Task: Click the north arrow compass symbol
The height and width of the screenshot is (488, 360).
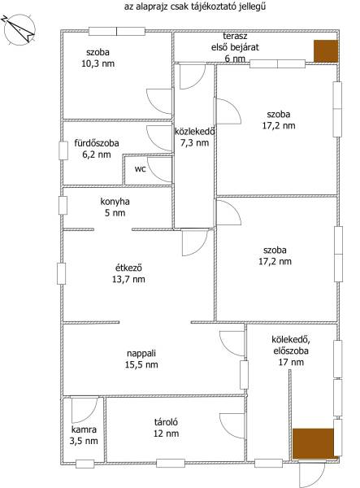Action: pos(20,30)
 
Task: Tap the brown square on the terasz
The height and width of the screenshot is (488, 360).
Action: pos(326,50)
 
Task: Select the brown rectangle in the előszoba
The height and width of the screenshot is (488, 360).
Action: pos(314,443)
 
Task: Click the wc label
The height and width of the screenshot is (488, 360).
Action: pos(141,169)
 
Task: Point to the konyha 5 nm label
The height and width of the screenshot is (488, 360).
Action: pos(115,207)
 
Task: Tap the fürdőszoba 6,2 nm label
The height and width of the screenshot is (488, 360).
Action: pos(97,149)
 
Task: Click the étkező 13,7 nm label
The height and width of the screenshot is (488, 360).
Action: pos(128,273)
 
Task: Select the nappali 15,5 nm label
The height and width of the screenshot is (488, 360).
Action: pos(141,359)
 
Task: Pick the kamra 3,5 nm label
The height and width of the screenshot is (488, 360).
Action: pos(84,435)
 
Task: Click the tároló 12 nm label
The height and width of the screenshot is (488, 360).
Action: pos(166,428)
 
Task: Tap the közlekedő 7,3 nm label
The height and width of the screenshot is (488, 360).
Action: pos(194,137)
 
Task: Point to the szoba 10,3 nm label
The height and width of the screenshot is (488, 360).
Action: pos(98,58)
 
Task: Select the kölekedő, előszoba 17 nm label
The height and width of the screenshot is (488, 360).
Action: pos(291,351)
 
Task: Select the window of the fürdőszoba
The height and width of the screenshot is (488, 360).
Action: pos(63,150)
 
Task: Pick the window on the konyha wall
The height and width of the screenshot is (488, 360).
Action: pos(63,206)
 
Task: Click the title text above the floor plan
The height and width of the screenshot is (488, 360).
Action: pos(195,7)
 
